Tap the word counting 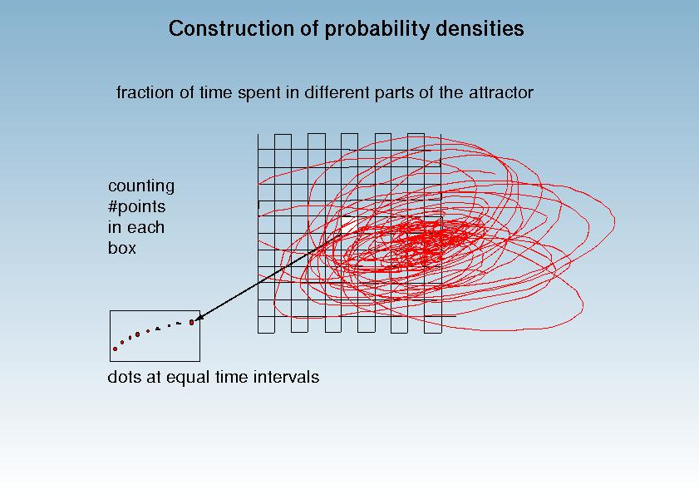(141, 186)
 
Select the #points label (137, 207)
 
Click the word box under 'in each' (121, 248)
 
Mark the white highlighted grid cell (349, 225)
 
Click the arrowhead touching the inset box (199, 316)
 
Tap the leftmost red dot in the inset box (115, 349)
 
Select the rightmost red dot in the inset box (192, 322)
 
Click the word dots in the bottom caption (126, 377)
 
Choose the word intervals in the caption (286, 377)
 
